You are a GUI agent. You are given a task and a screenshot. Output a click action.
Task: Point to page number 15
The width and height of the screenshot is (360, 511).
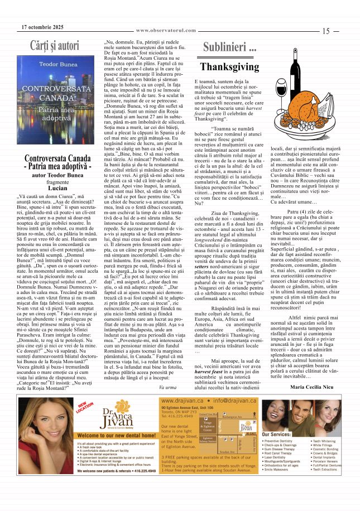tap(327, 32)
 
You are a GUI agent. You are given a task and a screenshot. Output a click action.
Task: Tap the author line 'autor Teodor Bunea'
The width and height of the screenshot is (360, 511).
tap(57, 175)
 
